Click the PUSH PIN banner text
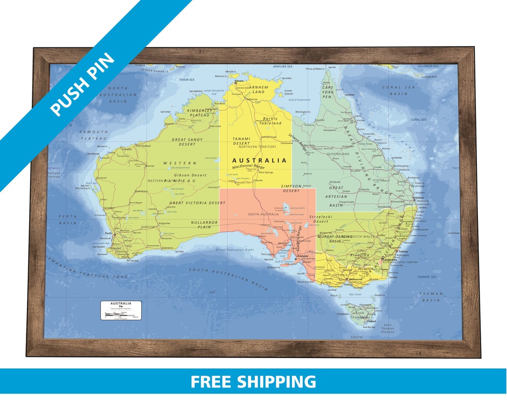(83, 84)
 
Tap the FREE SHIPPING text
(253, 381)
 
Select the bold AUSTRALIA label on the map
(259, 160)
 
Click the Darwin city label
(239, 80)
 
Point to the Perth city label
(108, 233)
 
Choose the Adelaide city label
(303, 256)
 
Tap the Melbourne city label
(355, 279)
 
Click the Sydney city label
(403, 252)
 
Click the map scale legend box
(121, 310)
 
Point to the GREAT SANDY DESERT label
(187, 142)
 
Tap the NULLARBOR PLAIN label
(202, 224)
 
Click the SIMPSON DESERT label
(291, 189)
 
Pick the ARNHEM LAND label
(259, 89)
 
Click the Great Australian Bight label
(235, 250)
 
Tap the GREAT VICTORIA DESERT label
(197, 203)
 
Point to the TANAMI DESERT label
(242, 141)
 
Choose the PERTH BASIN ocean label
(68, 219)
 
